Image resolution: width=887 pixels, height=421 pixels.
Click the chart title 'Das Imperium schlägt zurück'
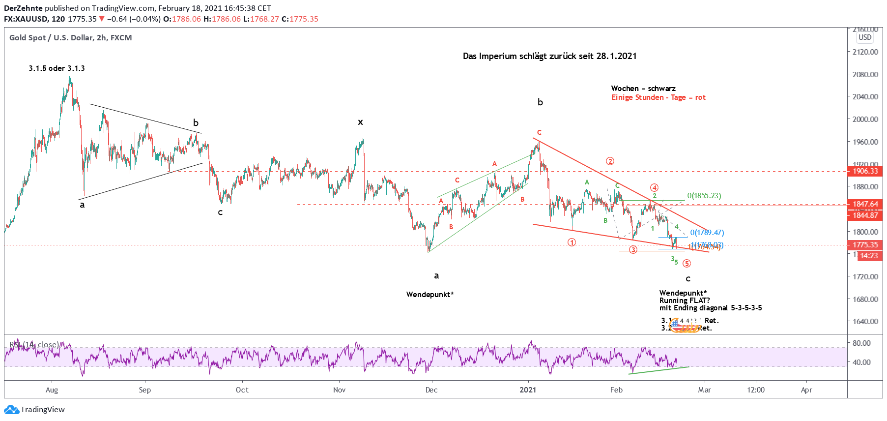pyautogui.click(x=549, y=56)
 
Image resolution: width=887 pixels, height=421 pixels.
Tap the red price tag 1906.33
pyautogui.click(x=865, y=171)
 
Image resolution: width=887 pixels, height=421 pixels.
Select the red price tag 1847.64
pyautogui.click(x=865, y=204)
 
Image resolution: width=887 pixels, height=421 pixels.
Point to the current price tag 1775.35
pyautogui.click(x=865, y=245)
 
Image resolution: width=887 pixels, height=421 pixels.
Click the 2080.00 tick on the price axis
pyautogui.click(x=865, y=75)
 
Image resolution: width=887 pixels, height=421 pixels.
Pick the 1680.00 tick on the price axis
pyautogui.click(x=865, y=299)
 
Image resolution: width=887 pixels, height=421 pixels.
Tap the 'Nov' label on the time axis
pyautogui.click(x=339, y=390)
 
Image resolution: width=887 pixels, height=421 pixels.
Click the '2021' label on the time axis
pyautogui.click(x=528, y=390)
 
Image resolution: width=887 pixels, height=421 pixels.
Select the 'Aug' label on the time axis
pyautogui.click(x=52, y=390)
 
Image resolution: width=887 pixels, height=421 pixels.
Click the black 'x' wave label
pyautogui.click(x=360, y=122)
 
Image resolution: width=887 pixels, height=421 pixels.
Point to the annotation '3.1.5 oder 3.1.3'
pyautogui.click(x=57, y=68)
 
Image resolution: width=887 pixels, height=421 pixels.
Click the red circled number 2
pyautogui.click(x=610, y=161)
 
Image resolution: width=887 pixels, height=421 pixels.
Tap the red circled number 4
pyautogui.click(x=654, y=187)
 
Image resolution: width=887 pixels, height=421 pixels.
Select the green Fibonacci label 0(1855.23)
pyautogui.click(x=704, y=196)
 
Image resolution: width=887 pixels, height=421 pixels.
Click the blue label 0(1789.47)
pyautogui.click(x=707, y=233)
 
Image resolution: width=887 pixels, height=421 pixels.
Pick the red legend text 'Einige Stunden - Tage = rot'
pyautogui.click(x=658, y=97)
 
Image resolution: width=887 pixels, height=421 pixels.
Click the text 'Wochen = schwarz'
pyautogui.click(x=643, y=89)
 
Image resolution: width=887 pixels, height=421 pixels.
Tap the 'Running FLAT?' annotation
pyautogui.click(x=684, y=301)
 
